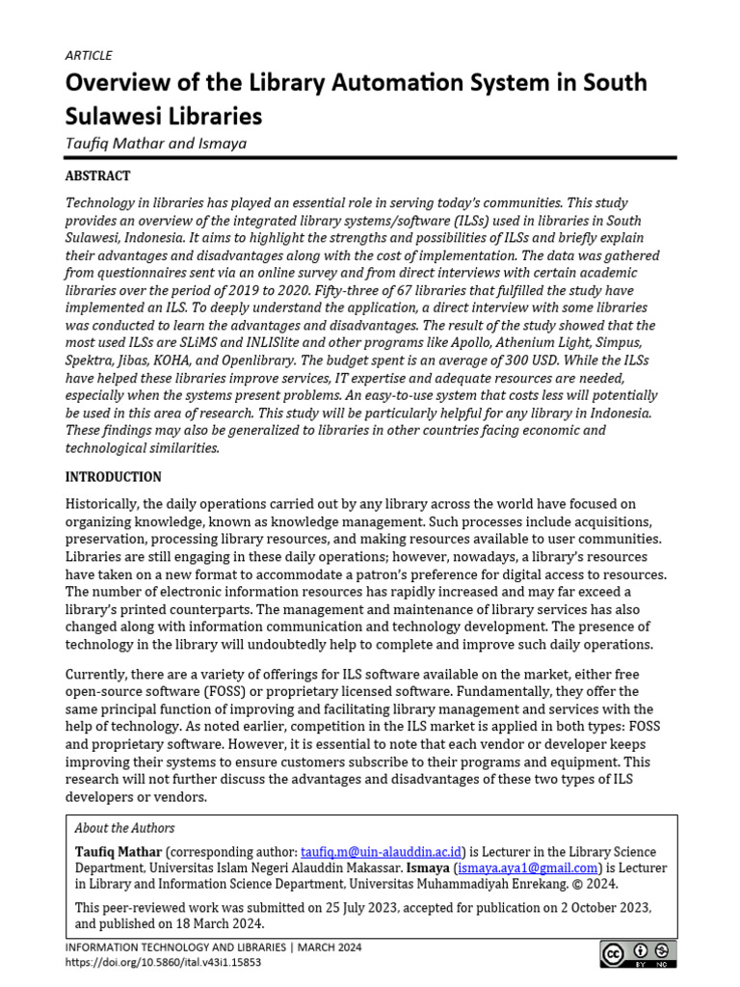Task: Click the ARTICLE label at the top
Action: [x=89, y=55]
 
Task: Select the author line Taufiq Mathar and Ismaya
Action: [x=155, y=143]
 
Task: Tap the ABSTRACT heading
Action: [x=97, y=176]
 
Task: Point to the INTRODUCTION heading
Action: [x=113, y=477]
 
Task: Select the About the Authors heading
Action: [x=125, y=828]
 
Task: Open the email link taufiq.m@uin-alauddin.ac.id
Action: [x=383, y=852]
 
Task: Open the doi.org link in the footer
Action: [x=163, y=962]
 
